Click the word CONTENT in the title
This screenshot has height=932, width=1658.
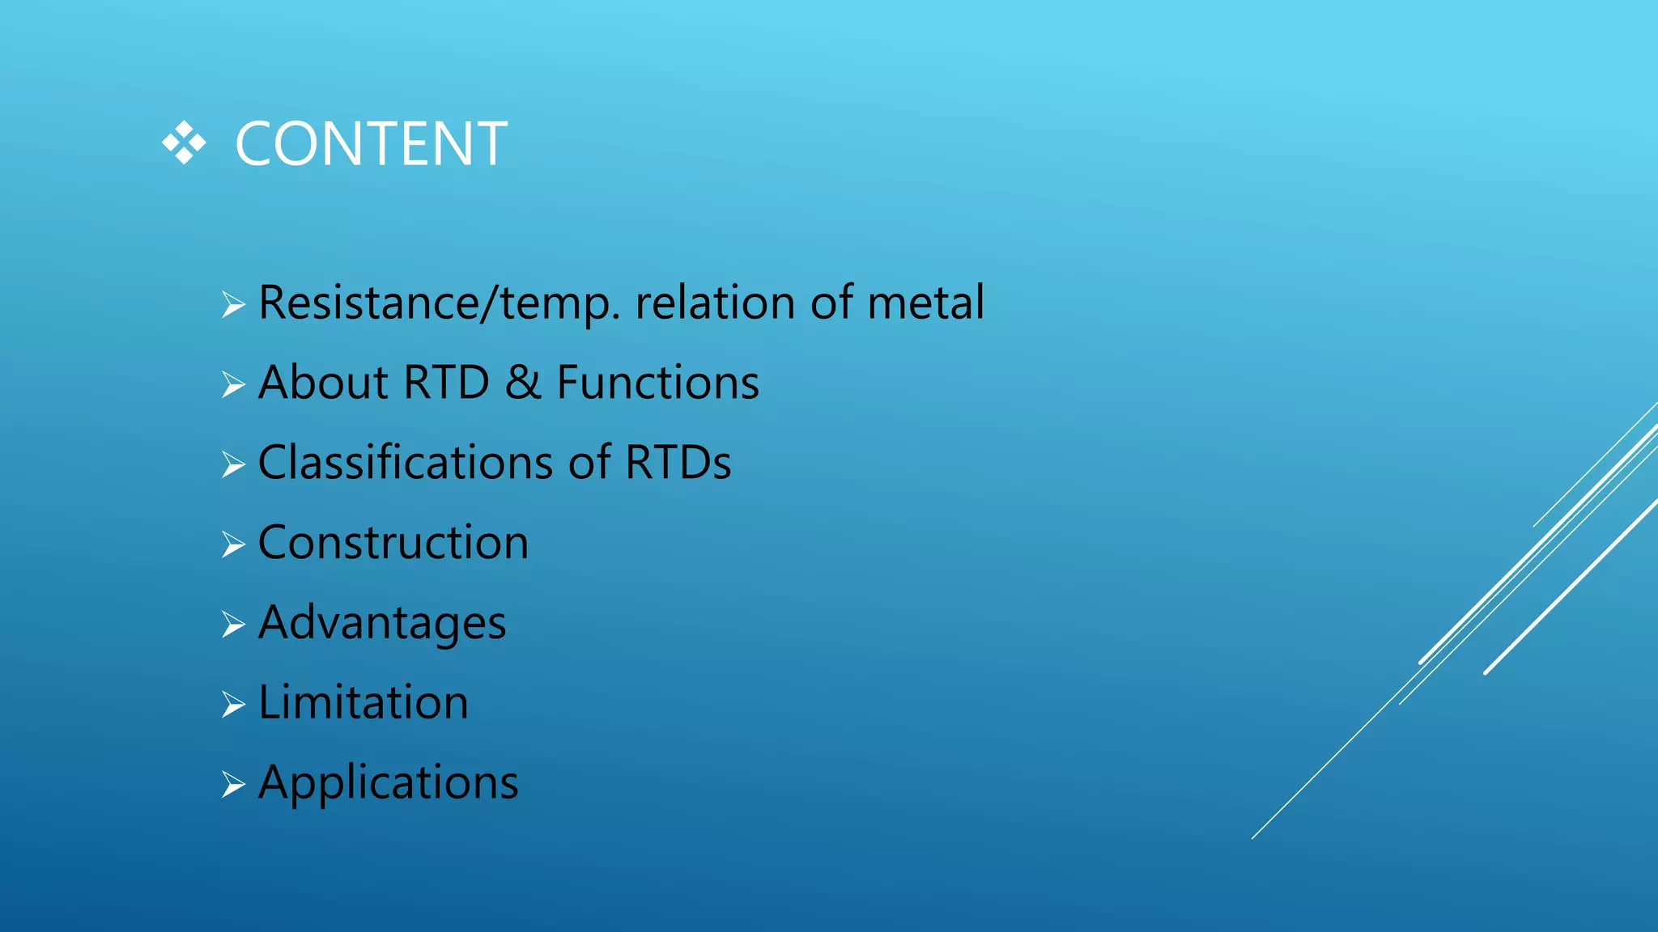pyautogui.click(x=371, y=145)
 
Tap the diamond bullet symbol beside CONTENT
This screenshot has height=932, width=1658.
pyautogui.click(x=184, y=144)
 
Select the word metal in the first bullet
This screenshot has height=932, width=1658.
pyautogui.click(x=925, y=303)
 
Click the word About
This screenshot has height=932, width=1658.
pyautogui.click(x=323, y=382)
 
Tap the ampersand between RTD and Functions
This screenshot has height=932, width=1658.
pyautogui.click(x=523, y=382)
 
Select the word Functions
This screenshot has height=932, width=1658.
pyautogui.click(x=657, y=382)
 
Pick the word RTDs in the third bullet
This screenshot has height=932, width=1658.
pyautogui.click(x=678, y=462)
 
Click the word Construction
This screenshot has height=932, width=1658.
pyautogui.click(x=393, y=542)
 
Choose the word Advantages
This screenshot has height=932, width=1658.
pyautogui.click(x=382, y=624)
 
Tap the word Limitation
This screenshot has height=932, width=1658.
pyautogui.click(x=363, y=702)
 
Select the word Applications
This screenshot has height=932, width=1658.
pyautogui.click(x=388, y=783)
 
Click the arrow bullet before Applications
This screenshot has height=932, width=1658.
pyautogui.click(x=233, y=784)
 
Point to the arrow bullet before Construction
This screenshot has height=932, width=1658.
pyautogui.click(x=233, y=544)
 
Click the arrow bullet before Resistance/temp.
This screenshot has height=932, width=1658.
pyautogui.click(x=233, y=305)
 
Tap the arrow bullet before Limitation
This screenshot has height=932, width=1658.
pyautogui.click(x=233, y=705)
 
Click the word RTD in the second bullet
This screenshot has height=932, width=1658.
pyautogui.click(x=446, y=382)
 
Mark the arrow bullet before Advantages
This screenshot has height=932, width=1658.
pyautogui.click(x=233, y=625)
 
